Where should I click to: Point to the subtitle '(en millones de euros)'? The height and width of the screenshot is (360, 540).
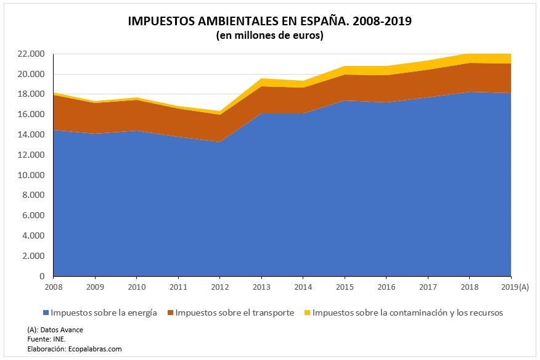click(269, 36)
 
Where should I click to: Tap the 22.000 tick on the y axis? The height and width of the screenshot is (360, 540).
click(31, 54)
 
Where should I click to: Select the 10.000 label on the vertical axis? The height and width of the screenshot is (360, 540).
click(31, 175)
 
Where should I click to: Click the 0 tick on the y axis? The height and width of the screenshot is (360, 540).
click(43, 276)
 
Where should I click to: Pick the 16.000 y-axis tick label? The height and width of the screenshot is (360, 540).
click(31, 115)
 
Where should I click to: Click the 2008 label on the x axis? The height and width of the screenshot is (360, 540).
click(53, 287)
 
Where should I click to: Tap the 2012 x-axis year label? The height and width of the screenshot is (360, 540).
click(219, 287)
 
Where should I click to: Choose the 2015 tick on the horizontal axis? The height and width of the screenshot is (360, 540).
click(345, 287)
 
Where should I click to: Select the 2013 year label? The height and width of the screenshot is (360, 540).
click(261, 287)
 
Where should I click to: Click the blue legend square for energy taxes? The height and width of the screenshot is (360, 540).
click(46, 313)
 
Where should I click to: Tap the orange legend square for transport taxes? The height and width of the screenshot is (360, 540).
click(170, 313)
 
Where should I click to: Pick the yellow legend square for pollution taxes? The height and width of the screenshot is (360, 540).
click(307, 313)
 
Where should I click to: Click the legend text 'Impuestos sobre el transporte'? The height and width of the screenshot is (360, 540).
click(234, 313)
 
